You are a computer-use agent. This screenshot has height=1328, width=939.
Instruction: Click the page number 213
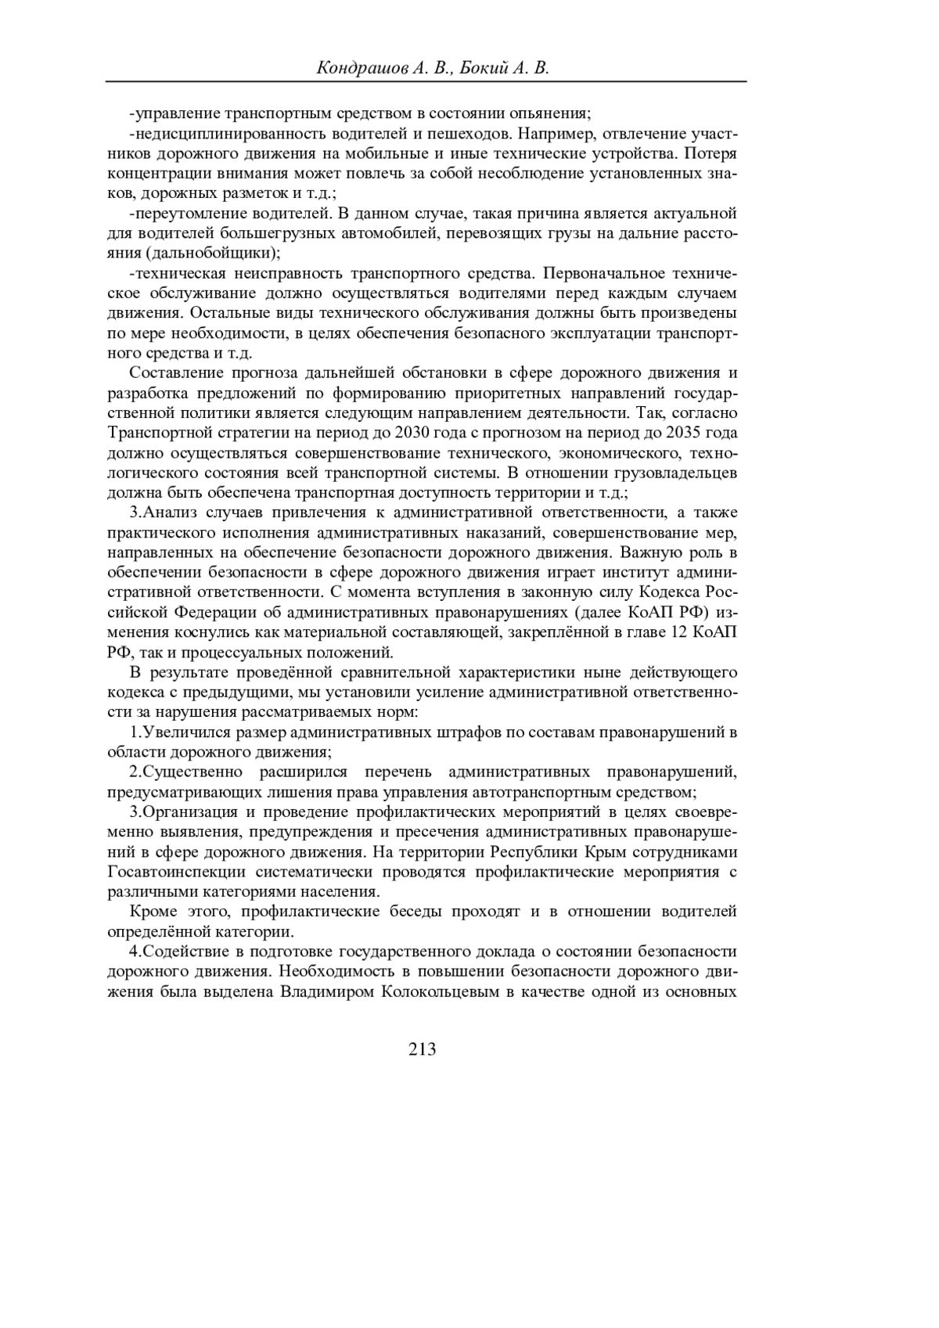(422, 1049)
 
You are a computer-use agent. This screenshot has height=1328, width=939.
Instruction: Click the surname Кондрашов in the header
(359, 69)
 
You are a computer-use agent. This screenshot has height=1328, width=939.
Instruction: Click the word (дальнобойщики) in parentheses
(213, 253)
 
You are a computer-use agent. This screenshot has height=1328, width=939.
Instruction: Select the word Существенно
(192, 772)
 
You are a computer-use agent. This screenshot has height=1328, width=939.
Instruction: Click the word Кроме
(153, 912)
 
